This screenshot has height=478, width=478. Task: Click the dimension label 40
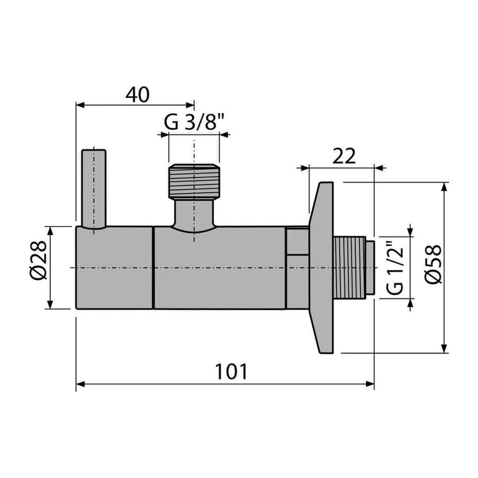tap(138, 95)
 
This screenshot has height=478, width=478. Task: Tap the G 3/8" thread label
tap(194, 122)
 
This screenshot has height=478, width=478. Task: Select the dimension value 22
tap(344, 156)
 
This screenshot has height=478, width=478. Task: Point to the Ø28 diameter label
tap(39, 260)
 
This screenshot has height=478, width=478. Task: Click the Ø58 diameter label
tap(433, 265)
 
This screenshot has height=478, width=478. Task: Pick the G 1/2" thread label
tap(396, 267)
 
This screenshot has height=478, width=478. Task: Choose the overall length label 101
tap(232, 372)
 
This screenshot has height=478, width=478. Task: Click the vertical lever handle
tap(94, 189)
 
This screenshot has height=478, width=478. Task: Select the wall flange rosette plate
tap(322, 267)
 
